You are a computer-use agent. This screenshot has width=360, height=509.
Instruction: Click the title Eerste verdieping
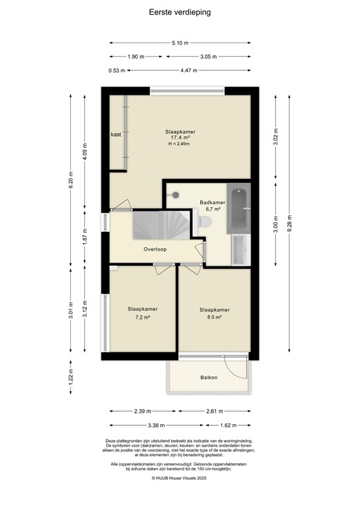click(x=180, y=11)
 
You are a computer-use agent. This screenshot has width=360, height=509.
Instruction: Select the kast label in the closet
click(x=116, y=135)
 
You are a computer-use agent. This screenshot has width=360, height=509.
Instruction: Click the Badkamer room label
click(x=212, y=202)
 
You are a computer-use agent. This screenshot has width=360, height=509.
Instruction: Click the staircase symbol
click(x=157, y=227)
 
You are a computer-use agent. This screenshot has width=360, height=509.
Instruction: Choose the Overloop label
click(x=155, y=250)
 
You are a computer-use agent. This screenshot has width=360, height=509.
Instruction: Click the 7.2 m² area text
click(x=142, y=317)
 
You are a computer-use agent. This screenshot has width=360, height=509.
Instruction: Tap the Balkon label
click(x=209, y=378)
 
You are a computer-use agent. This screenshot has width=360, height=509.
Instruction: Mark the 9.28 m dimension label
click(x=290, y=222)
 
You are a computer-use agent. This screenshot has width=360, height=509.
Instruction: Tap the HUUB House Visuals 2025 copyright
click(x=180, y=477)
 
